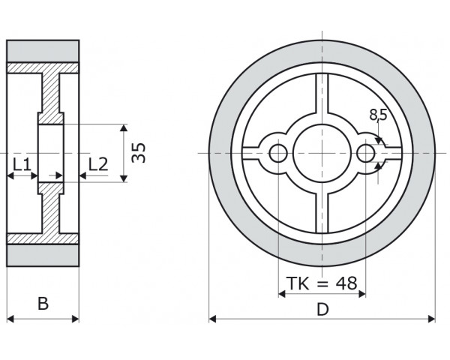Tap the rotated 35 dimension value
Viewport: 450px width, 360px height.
pos(139,152)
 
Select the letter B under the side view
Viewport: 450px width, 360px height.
pos(43,304)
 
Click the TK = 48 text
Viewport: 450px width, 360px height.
pos(322,283)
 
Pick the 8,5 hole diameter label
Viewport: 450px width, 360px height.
pos(379,115)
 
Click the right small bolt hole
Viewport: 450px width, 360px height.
pos(366,153)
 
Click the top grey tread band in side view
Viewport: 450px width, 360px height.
pos(43,51)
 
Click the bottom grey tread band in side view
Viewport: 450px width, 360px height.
pos(43,255)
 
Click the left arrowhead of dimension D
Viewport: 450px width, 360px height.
pos(213,319)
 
